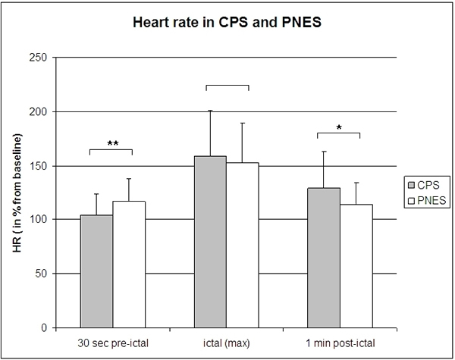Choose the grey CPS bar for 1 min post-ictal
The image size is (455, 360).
(324, 258)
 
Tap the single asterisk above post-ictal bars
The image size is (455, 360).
(338, 129)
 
